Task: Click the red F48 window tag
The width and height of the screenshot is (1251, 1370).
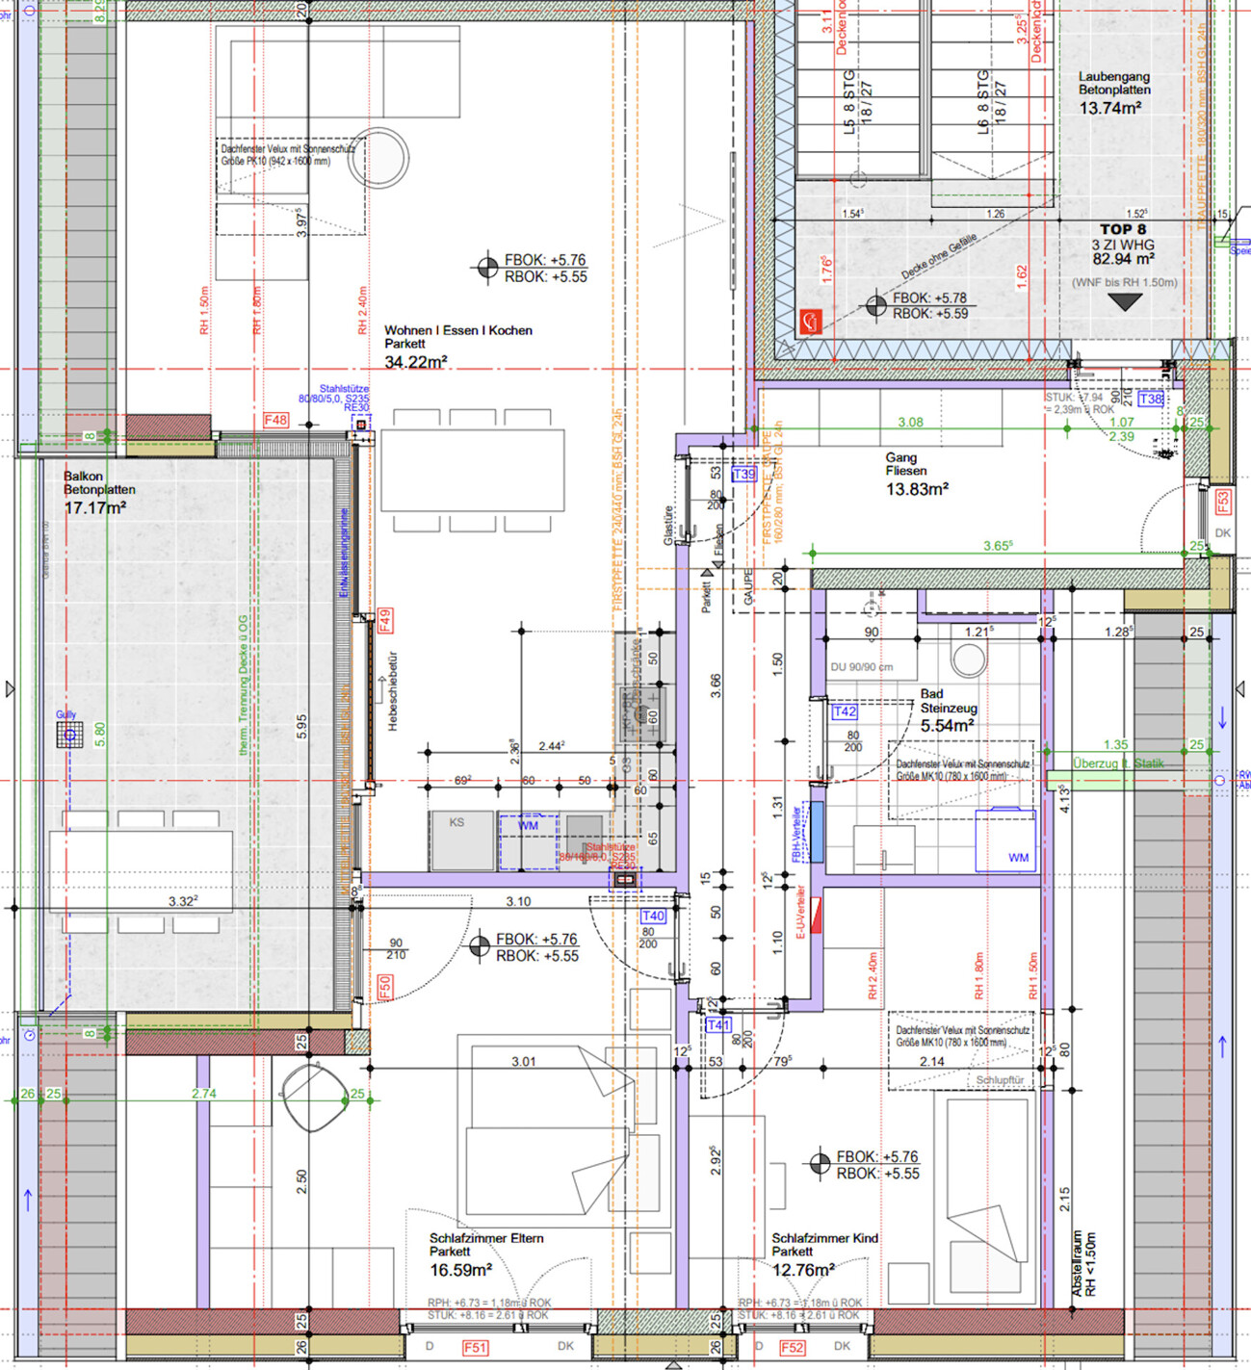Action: point(275,420)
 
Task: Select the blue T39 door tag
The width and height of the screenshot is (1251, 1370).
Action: point(744,475)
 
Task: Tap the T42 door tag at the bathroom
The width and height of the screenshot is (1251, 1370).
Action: point(844,711)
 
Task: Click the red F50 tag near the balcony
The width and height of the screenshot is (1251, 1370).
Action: point(384,987)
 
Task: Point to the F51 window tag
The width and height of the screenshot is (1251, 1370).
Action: point(475,1347)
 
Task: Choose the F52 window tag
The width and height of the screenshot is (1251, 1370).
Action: point(792,1347)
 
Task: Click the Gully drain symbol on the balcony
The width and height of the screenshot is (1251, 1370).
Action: point(68,737)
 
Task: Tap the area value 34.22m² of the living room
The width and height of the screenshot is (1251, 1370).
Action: point(415,363)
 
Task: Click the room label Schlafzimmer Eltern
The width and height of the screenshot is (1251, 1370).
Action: point(486,1238)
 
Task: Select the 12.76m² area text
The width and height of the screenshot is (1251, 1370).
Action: point(803,1271)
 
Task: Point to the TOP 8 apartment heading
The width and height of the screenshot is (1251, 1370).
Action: point(1123,229)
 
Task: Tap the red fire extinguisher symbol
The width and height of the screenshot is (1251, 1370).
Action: point(810,322)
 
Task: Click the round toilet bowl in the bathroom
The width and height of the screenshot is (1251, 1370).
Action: point(968,659)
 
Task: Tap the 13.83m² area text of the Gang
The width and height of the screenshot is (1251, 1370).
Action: point(917,489)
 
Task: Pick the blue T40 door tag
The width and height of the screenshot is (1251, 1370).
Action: point(653,916)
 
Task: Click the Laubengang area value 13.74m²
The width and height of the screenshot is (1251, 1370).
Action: point(1109,109)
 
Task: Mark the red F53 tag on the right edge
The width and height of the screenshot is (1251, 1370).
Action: point(1222,502)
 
